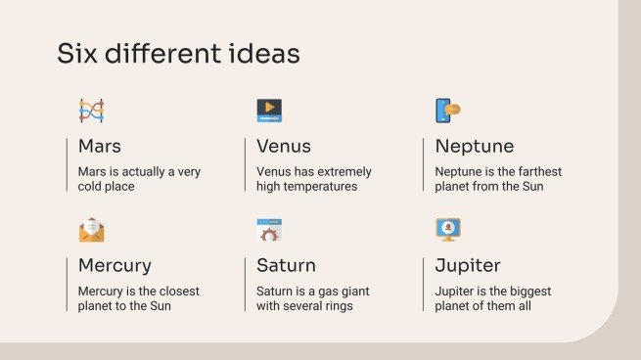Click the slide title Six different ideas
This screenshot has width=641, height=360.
click(x=178, y=54)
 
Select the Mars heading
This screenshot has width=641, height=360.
click(x=100, y=147)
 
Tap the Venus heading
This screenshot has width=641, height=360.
click(x=284, y=147)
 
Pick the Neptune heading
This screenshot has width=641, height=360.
click(x=475, y=147)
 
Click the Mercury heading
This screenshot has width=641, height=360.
click(x=114, y=265)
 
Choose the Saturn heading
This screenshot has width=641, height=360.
click(x=286, y=265)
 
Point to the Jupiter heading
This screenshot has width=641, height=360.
click(x=468, y=265)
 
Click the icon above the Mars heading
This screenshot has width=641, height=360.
click(x=91, y=110)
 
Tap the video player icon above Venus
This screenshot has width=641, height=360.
click(x=269, y=110)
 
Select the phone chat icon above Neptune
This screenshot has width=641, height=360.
click(x=447, y=110)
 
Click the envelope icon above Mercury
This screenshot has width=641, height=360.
click(x=91, y=230)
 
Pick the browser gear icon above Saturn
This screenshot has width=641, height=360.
click(x=269, y=230)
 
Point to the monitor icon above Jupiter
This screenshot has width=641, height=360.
click(x=447, y=230)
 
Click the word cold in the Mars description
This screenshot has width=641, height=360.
click(x=94, y=186)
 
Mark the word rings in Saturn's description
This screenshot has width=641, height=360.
click(x=337, y=306)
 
